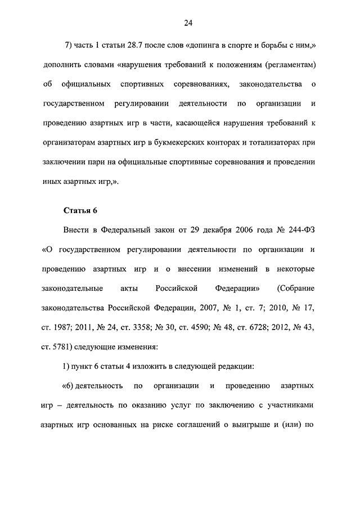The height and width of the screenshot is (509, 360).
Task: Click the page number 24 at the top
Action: pos(188,23)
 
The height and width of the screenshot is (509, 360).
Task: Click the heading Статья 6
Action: pos(79,211)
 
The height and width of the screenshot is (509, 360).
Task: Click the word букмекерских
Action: pos(185,142)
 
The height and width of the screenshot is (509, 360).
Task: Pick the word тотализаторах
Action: pos(275,142)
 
